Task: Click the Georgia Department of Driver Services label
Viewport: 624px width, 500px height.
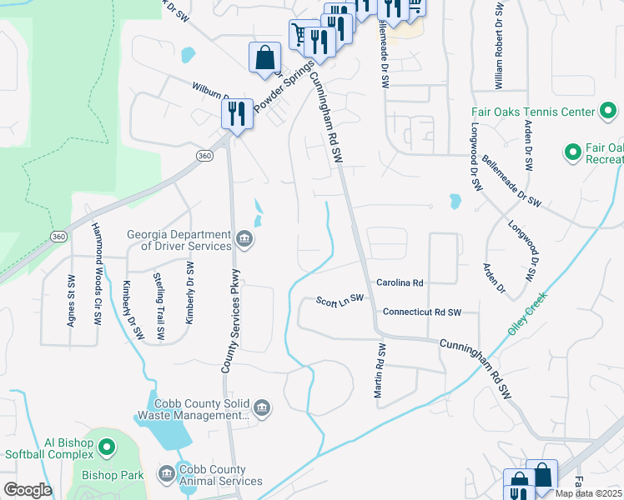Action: [x=179, y=240]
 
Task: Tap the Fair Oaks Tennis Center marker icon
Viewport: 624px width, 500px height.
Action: [x=610, y=112]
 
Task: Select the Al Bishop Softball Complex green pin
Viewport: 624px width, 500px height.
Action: [x=107, y=448]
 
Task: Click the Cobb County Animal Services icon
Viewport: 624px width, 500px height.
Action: [x=166, y=474]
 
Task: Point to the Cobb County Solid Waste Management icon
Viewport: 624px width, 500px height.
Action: [x=261, y=407]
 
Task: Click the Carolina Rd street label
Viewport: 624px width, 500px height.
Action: [x=400, y=283]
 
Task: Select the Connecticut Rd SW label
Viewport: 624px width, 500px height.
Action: [x=421, y=312]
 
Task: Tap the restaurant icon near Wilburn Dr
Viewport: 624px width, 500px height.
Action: [x=237, y=113]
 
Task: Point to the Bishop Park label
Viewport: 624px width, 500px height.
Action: [x=113, y=476]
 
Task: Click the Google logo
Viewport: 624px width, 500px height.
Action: [x=28, y=489]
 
